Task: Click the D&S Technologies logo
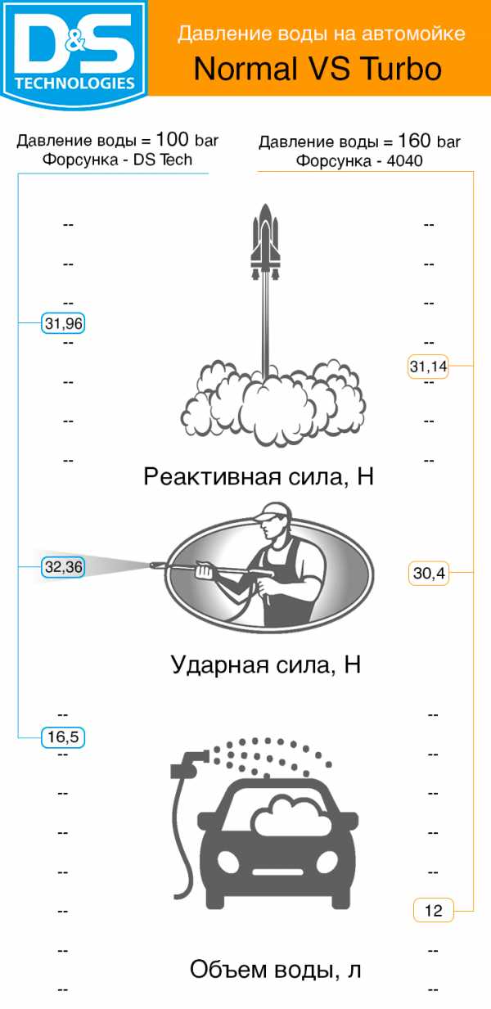click(x=74, y=49)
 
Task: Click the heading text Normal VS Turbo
click(x=318, y=69)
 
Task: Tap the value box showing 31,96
click(x=63, y=324)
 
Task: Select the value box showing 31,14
click(x=428, y=367)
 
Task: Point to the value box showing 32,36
click(x=63, y=566)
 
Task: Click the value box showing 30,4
click(x=428, y=574)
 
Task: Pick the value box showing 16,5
click(x=63, y=737)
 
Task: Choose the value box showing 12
click(x=433, y=910)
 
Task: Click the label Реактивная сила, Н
click(x=259, y=476)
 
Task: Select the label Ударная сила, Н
click(x=266, y=664)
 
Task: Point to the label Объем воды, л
click(x=276, y=970)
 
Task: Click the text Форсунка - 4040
click(x=359, y=161)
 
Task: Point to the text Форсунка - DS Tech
click(x=117, y=160)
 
